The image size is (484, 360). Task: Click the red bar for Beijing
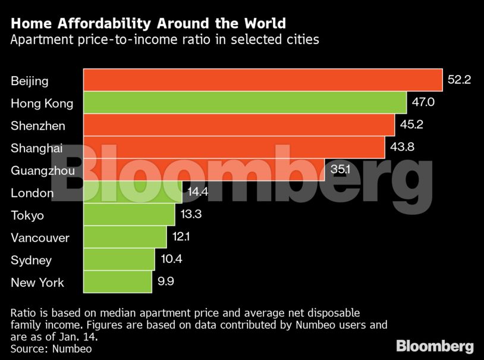click(x=262, y=80)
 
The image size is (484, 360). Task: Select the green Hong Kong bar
click(x=244, y=102)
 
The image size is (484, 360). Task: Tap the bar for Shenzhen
click(x=238, y=125)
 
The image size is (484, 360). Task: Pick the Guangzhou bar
click(x=203, y=170)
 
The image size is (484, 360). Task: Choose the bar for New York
click(x=117, y=282)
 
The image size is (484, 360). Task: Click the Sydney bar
click(x=119, y=259)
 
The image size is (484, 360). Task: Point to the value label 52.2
click(x=459, y=80)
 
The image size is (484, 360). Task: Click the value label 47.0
click(x=423, y=102)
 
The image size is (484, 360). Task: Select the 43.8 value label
click(x=402, y=147)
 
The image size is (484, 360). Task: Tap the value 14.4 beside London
click(x=198, y=192)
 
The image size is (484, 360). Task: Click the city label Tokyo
click(x=27, y=215)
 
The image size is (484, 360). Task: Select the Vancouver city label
click(x=40, y=238)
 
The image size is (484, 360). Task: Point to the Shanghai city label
click(x=36, y=148)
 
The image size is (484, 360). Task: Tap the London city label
click(x=32, y=193)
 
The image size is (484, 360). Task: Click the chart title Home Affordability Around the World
click(x=148, y=24)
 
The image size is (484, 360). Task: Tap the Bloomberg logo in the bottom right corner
click(x=435, y=346)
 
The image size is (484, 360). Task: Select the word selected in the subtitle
click(x=230, y=40)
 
